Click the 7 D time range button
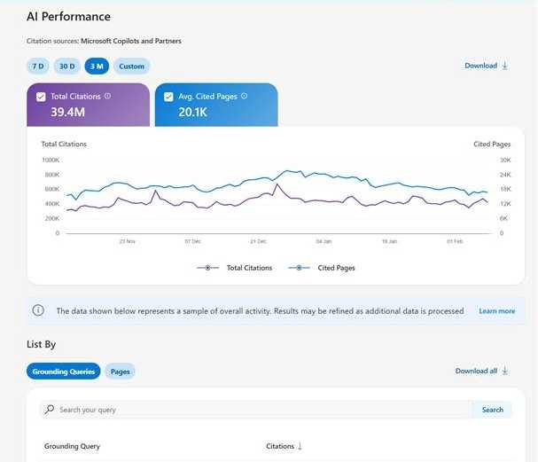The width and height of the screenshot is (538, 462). pos(38,66)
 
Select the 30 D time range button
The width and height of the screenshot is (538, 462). pos(66,66)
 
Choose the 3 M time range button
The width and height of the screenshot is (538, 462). pos(96,66)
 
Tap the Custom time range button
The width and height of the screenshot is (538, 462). pos(131,66)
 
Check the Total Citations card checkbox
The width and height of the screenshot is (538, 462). pos(41,96)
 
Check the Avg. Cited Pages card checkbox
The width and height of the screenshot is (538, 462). pos(168,96)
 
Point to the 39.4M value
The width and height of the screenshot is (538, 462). pos(67,112)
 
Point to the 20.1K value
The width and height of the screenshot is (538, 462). pos(193,112)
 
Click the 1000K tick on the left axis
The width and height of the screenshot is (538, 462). pos(51,161)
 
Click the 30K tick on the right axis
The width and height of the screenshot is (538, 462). pos(505,161)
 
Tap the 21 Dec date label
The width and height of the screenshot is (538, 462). pos(258,241)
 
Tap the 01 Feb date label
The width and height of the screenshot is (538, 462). pos(456,241)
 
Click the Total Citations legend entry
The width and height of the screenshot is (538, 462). pos(239,267)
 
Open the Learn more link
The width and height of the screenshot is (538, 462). pos(496,311)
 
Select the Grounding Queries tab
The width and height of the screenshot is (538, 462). pos(64,372)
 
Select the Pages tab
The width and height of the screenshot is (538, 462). pos(121,372)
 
